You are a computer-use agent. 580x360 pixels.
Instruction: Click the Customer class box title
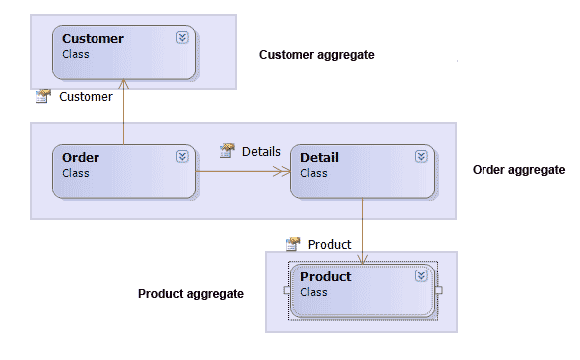point(93,39)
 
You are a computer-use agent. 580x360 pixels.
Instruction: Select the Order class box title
point(81,157)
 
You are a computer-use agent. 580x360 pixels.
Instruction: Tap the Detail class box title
point(319,157)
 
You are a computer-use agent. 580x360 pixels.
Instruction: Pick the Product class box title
point(325,276)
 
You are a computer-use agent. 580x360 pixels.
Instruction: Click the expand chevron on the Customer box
point(182,37)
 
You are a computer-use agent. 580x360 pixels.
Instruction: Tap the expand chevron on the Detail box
point(421,156)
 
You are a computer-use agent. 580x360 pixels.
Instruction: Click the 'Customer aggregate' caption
point(316,55)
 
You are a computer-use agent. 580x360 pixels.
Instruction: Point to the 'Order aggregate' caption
point(517,170)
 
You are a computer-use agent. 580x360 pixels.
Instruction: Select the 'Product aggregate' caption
point(190,294)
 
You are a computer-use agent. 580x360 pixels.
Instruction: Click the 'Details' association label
point(263,152)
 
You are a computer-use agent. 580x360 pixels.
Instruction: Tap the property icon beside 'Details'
point(227,151)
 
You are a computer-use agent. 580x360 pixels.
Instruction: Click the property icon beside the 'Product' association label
point(292,244)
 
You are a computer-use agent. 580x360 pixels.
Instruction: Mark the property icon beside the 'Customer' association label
point(43,96)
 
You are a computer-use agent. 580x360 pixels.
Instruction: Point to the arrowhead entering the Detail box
point(285,172)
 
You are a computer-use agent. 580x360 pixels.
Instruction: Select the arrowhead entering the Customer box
point(123,84)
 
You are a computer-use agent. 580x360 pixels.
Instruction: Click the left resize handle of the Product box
point(287,290)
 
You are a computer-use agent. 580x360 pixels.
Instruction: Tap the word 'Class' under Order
point(76,173)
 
